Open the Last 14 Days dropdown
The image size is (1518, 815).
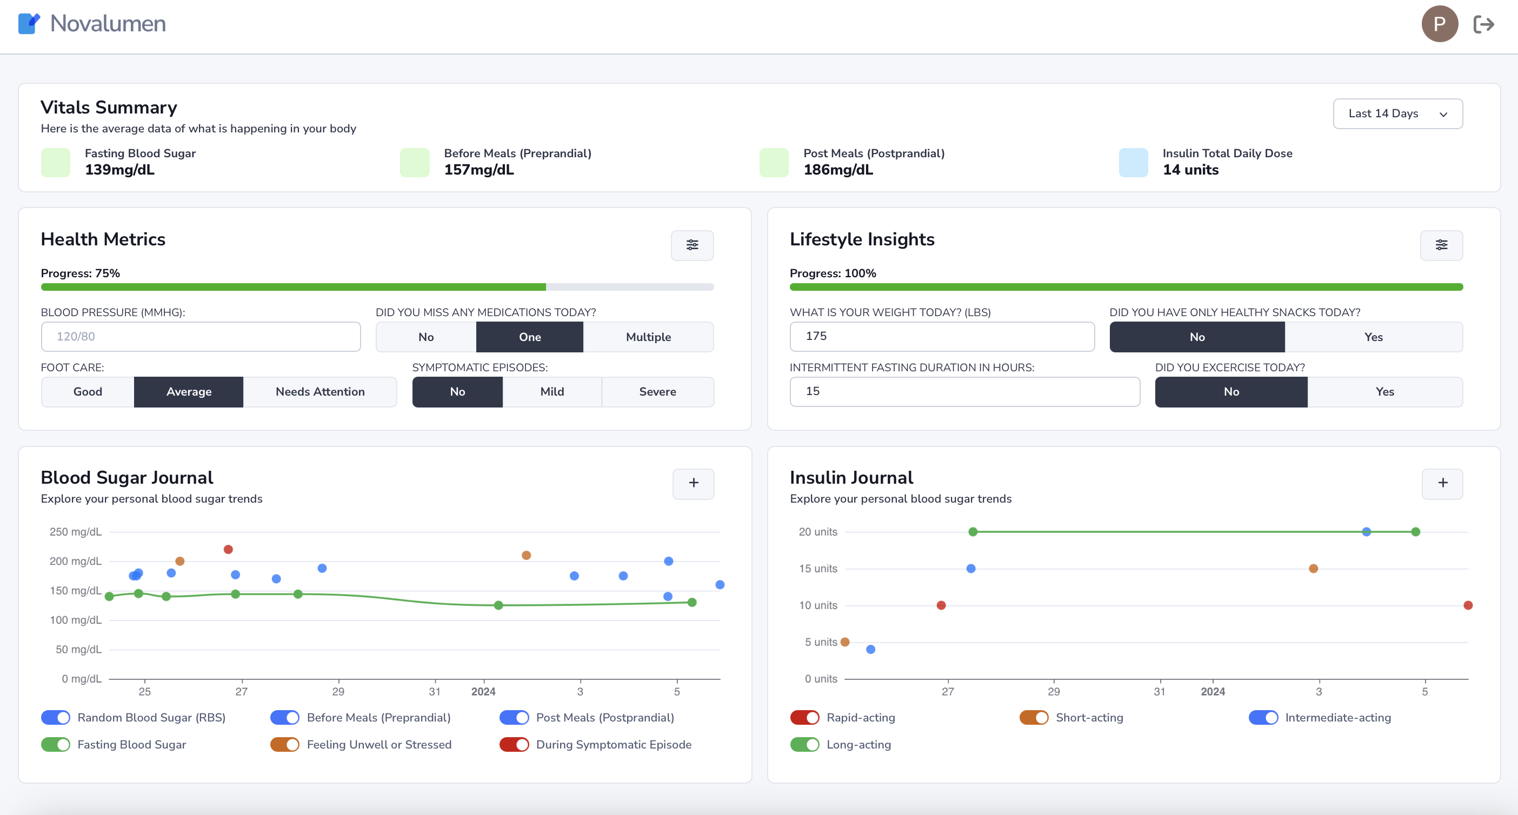(x=1397, y=113)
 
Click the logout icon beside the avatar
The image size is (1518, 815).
(x=1483, y=24)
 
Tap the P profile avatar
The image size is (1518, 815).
(x=1439, y=24)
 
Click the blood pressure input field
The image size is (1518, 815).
(x=201, y=337)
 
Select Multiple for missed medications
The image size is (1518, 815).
(x=648, y=337)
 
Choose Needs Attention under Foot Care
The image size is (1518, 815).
(x=320, y=392)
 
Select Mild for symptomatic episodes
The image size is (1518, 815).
(x=551, y=392)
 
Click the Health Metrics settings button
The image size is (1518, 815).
(x=692, y=245)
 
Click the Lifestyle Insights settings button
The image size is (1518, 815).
(x=1441, y=245)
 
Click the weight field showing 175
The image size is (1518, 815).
(x=941, y=337)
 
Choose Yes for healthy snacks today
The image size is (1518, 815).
(x=1373, y=337)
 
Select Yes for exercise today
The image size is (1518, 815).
(x=1384, y=392)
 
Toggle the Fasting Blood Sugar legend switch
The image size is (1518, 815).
(x=55, y=745)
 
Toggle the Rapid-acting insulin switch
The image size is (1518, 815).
(x=804, y=718)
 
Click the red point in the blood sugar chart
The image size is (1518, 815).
(x=228, y=549)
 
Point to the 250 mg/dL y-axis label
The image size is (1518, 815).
(x=76, y=532)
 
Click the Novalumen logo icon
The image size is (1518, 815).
(x=29, y=24)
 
